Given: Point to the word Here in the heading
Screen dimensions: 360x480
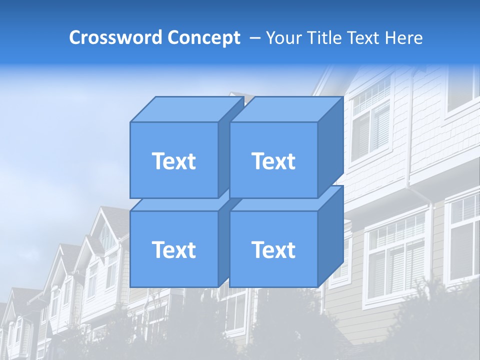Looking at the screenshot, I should point(404,38).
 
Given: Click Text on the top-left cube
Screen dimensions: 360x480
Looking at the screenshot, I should point(173,161).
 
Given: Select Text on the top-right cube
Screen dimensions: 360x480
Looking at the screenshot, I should point(273,161).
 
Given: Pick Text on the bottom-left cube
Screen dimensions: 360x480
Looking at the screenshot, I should point(173,249).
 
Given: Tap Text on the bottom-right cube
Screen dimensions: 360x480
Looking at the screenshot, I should point(273,249).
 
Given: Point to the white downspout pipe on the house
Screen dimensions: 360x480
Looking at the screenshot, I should point(429,240).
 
